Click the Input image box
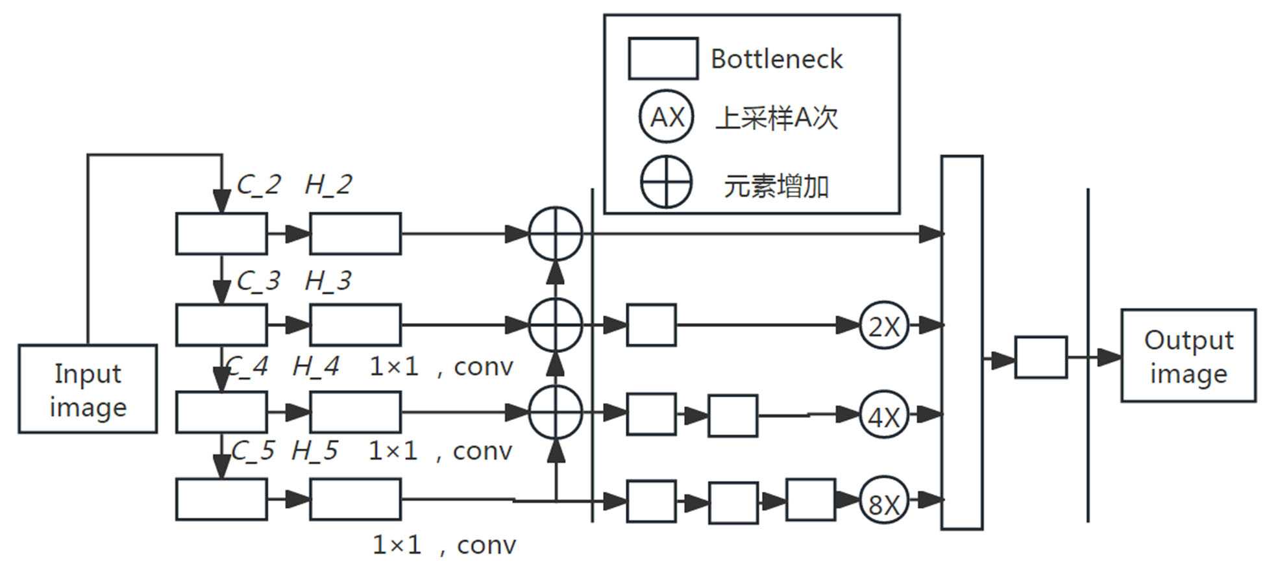pyautogui.click(x=88, y=389)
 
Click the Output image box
pyautogui.click(x=1188, y=356)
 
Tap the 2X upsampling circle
pyautogui.click(x=883, y=325)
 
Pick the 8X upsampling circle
pyautogui.click(x=883, y=501)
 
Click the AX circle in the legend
pyautogui.click(x=667, y=117)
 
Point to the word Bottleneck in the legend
pyautogui.click(x=776, y=59)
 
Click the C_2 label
pyautogui.click(x=258, y=185)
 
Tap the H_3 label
pyautogui.click(x=328, y=281)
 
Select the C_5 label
pyautogui.click(x=252, y=451)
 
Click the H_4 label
pyautogui.click(x=315, y=367)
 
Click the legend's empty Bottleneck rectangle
pyautogui.click(x=663, y=59)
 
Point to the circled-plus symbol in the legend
pyautogui.click(x=667, y=182)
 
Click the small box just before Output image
pyautogui.click(x=1040, y=357)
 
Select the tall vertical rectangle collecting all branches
pyautogui.click(x=961, y=342)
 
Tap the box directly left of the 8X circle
pyautogui.click(x=810, y=500)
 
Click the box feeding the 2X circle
pyautogui.click(x=651, y=324)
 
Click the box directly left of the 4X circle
pyautogui.click(x=733, y=415)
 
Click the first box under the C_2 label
pyautogui.click(x=221, y=234)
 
